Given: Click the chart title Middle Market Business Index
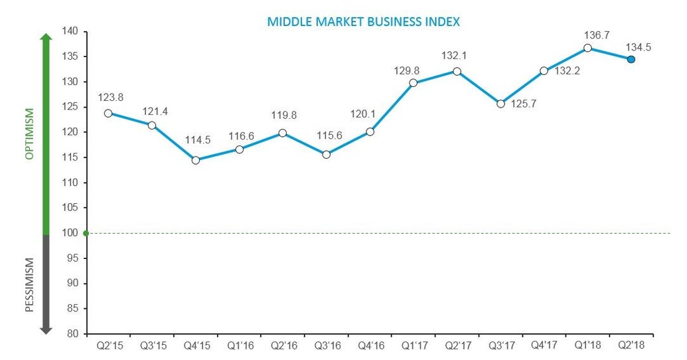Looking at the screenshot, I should point(363,21).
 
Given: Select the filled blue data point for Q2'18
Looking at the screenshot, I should point(631,59).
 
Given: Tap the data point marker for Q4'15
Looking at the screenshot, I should point(195,160).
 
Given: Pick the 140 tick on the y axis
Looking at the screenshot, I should point(70,31).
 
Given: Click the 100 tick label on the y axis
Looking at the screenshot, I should point(70,233).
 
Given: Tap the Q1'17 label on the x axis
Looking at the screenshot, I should point(413,345).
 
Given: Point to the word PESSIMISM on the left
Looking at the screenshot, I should point(29,285).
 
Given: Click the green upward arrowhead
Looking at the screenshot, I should point(46,38).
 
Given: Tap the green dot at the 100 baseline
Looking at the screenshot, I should point(86,233).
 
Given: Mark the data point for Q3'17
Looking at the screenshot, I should point(500,104).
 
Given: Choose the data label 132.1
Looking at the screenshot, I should point(457,56).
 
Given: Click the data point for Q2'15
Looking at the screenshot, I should point(108,113).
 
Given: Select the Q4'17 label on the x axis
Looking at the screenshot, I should point(544,345).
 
